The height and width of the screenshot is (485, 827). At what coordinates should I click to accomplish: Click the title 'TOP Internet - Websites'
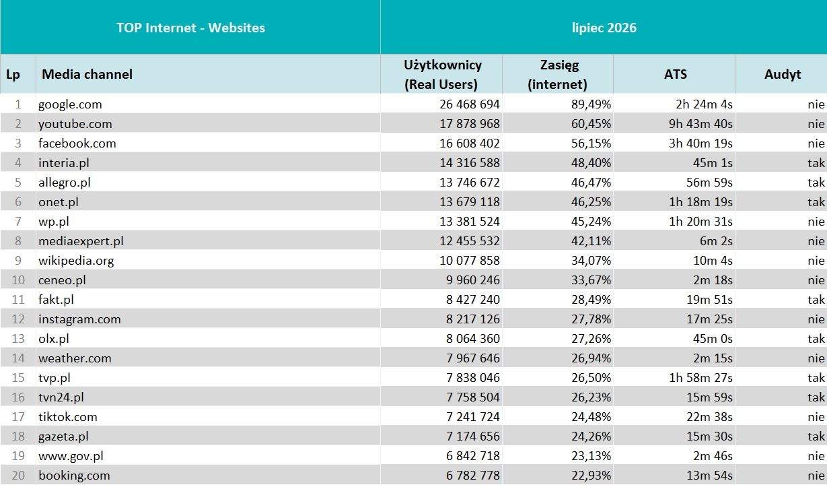pyautogui.click(x=190, y=28)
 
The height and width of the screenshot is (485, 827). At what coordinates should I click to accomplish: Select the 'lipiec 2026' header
pyautogui.click(x=604, y=28)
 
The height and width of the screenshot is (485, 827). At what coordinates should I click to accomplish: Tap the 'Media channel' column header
pyautogui.click(x=87, y=74)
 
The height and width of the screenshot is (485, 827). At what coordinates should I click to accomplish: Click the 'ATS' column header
pyautogui.click(x=676, y=74)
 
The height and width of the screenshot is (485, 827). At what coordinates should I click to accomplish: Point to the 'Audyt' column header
pyautogui.click(x=783, y=74)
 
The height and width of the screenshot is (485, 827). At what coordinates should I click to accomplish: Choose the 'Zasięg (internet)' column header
pyautogui.click(x=557, y=74)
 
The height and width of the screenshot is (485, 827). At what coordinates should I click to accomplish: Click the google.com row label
pyautogui.click(x=70, y=104)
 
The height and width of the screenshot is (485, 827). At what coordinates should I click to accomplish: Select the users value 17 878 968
pyautogui.click(x=469, y=123)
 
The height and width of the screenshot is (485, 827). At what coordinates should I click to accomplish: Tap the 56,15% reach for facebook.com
pyautogui.click(x=591, y=143)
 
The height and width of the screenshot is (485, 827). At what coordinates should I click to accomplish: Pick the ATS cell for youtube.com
pyautogui.click(x=700, y=124)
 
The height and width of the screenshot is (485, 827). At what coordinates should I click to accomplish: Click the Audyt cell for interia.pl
pyautogui.click(x=816, y=162)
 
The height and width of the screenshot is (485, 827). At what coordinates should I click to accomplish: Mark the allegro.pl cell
pyautogui.click(x=64, y=183)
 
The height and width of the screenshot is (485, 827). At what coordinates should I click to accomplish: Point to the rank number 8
pyautogui.click(x=17, y=241)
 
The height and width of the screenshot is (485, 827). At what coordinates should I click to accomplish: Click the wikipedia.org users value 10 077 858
pyautogui.click(x=469, y=261)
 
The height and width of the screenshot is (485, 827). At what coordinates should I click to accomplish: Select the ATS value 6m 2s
pyautogui.click(x=716, y=241)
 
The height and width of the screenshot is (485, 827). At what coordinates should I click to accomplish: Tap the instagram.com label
pyautogui.click(x=79, y=319)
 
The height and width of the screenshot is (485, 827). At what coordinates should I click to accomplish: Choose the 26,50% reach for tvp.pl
pyautogui.click(x=591, y=378)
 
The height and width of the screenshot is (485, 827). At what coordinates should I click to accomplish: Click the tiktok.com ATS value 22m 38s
pyautogui.click(x=709, y=417)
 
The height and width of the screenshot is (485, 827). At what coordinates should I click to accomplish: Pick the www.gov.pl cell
pyautogui.click(x=71, y=456)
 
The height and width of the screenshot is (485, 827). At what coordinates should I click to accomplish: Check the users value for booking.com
pyautogui.click(x=472, y=476)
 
